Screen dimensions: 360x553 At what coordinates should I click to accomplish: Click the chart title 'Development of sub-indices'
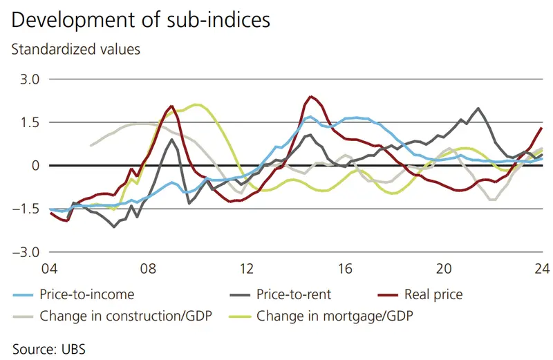(x=140, y=20)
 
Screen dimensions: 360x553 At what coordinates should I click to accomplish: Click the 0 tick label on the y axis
(x=35, y=166)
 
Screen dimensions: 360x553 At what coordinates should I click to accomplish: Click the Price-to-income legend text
(x=87, y=295)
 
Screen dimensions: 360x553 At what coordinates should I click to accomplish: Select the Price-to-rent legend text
(x=294, y=295)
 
